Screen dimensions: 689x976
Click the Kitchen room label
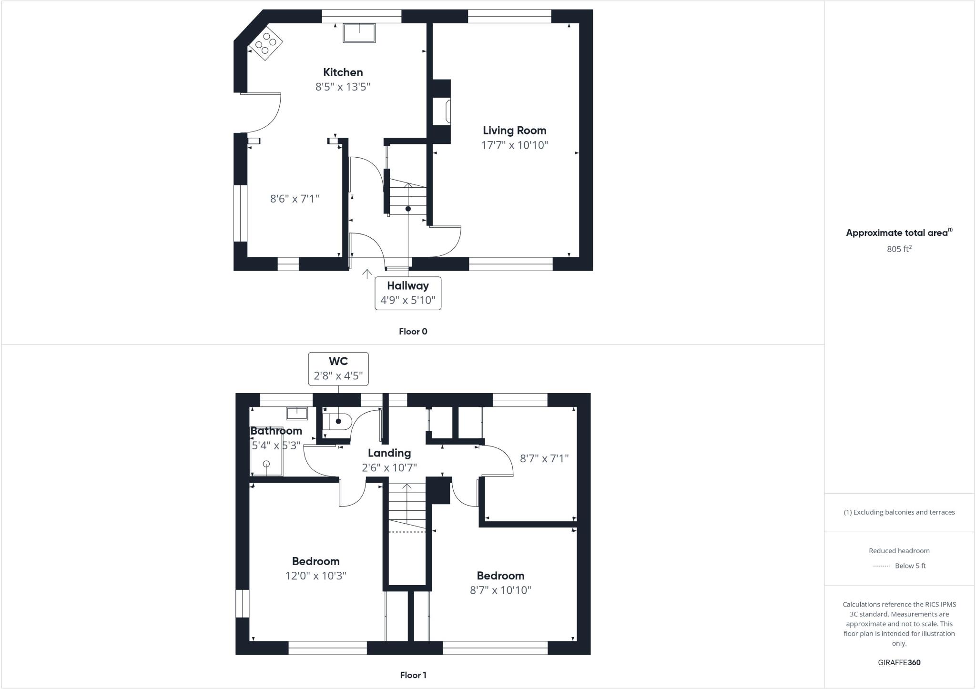[x=343, y=72]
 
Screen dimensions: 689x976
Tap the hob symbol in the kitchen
[x=266, y=43]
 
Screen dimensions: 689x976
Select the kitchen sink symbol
[x=359, y=33]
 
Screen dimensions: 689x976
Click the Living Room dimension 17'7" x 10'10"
[x=515, y=145]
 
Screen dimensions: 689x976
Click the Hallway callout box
[x=408, y=293]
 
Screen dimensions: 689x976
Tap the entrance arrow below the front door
[x=367, y=274]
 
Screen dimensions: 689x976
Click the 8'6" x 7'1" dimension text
[x=295, y=199]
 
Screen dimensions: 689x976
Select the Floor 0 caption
[x=413, y=332]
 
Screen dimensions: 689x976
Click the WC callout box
[x=338, y=368]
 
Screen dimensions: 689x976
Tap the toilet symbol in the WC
[x=339, y=421]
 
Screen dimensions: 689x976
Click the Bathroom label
[x=276, y=431]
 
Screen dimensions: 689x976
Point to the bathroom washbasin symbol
[x=297, y=413]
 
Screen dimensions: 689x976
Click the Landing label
[x=389, y=453]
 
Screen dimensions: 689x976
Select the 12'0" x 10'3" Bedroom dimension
[x=315, y=576]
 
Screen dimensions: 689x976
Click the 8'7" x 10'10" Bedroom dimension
[x=500, y=590]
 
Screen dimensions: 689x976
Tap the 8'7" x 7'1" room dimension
[x=544, y=458]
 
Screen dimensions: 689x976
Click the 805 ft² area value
[x=899, y=249]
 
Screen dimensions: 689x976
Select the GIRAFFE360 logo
[x=899, y=662]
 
